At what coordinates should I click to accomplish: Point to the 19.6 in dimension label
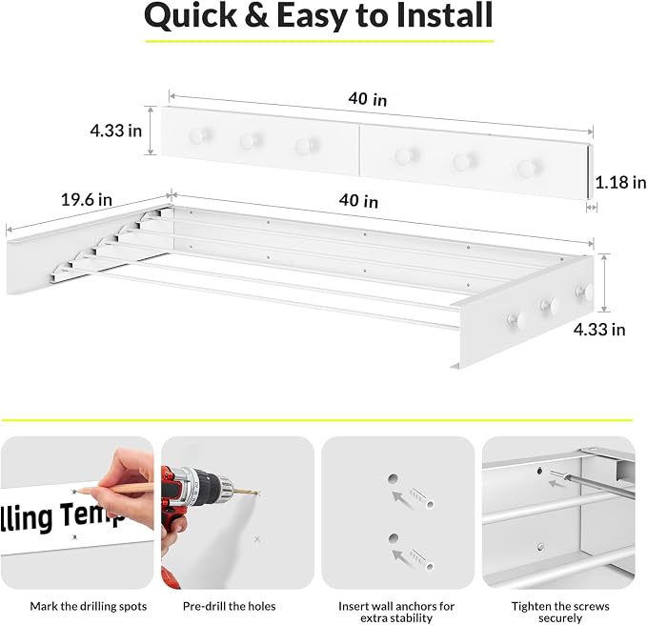(x=87, y=200)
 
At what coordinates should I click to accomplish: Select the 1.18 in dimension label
(x=620, y=182)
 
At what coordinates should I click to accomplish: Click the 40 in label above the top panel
(x=368, y=99)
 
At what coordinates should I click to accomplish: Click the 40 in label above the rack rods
(x=358, y=201)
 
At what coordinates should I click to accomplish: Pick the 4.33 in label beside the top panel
(x=116, y=131)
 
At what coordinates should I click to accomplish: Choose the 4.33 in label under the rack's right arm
(x=599, y=330)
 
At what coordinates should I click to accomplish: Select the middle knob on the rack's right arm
(x=549, y=305)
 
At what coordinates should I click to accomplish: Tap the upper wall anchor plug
(x=421, y=498)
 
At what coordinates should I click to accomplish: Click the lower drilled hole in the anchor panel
(x=394, y=538)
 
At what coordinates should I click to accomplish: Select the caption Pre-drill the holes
(x=230, y=606)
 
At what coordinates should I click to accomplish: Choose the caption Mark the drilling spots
(x=89, y=606)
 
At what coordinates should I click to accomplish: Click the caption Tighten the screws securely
(x=560, y=612)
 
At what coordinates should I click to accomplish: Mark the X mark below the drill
(x=257, y=539)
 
